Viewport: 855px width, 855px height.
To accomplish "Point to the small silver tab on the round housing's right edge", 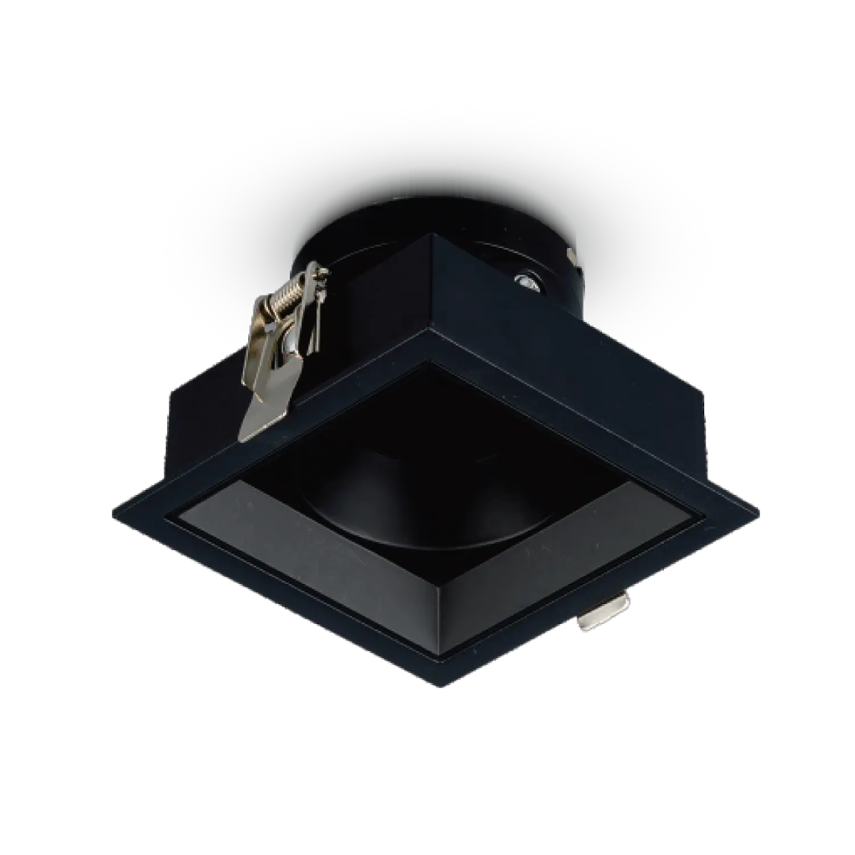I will coord(570,253).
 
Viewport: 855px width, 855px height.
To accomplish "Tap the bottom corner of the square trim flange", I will coord(444,685).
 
